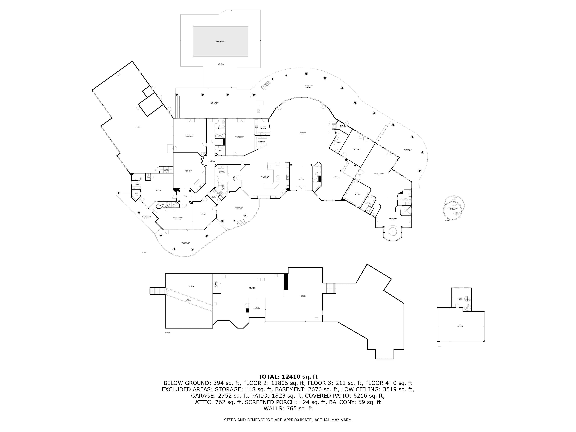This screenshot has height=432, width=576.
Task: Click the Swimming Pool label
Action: pyautogui.click(x=220, y=42)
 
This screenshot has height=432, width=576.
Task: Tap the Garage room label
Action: pyautogui.click(x=138, y=127)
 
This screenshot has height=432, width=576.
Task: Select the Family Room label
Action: pyautogui.click(x=190, y=135)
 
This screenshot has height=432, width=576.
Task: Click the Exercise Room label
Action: pyautogui.click(x=240, y=137)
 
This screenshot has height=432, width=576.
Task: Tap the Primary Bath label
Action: pyautogui.click(x=393, y=219)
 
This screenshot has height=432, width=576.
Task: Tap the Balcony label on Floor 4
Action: pyautogui.click(x=454, y=198)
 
